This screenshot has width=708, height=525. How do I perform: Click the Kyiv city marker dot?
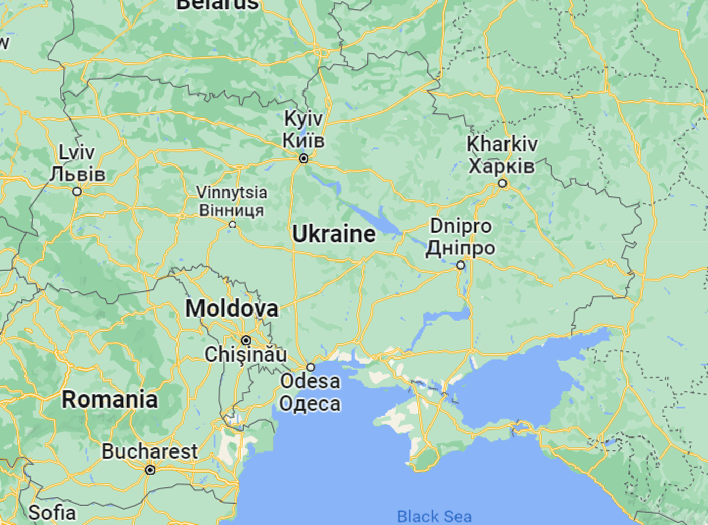[304, 159]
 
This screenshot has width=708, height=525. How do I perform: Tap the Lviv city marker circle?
[77, 192]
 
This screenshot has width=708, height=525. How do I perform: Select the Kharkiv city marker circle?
[503, 183]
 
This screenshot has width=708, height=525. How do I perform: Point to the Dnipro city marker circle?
[461, 265]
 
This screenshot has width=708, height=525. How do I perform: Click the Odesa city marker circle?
[310, 367]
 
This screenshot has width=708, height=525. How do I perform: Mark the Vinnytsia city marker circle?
[232, 224]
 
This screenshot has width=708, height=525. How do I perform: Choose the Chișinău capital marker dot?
[246, 340]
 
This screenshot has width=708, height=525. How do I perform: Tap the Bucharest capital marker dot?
[150, 470]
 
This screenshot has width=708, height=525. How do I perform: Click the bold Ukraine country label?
[334, 234]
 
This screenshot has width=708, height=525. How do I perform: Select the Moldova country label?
[232, 308]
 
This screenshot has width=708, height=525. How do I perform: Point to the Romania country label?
[110, 399]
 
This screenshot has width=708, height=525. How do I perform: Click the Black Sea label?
[434, 516]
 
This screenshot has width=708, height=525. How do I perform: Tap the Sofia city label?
[52, 512]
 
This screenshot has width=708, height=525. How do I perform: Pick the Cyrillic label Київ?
[303, 140]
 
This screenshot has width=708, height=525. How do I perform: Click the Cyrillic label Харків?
[501, 166]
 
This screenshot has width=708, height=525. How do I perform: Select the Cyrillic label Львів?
[78, 174]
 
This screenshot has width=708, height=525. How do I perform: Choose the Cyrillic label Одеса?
[310, 403]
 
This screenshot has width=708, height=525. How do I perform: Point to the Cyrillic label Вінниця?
[232, 210]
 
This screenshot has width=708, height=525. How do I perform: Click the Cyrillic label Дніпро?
[461, 248]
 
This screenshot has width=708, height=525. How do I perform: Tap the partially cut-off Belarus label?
[217, 4]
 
